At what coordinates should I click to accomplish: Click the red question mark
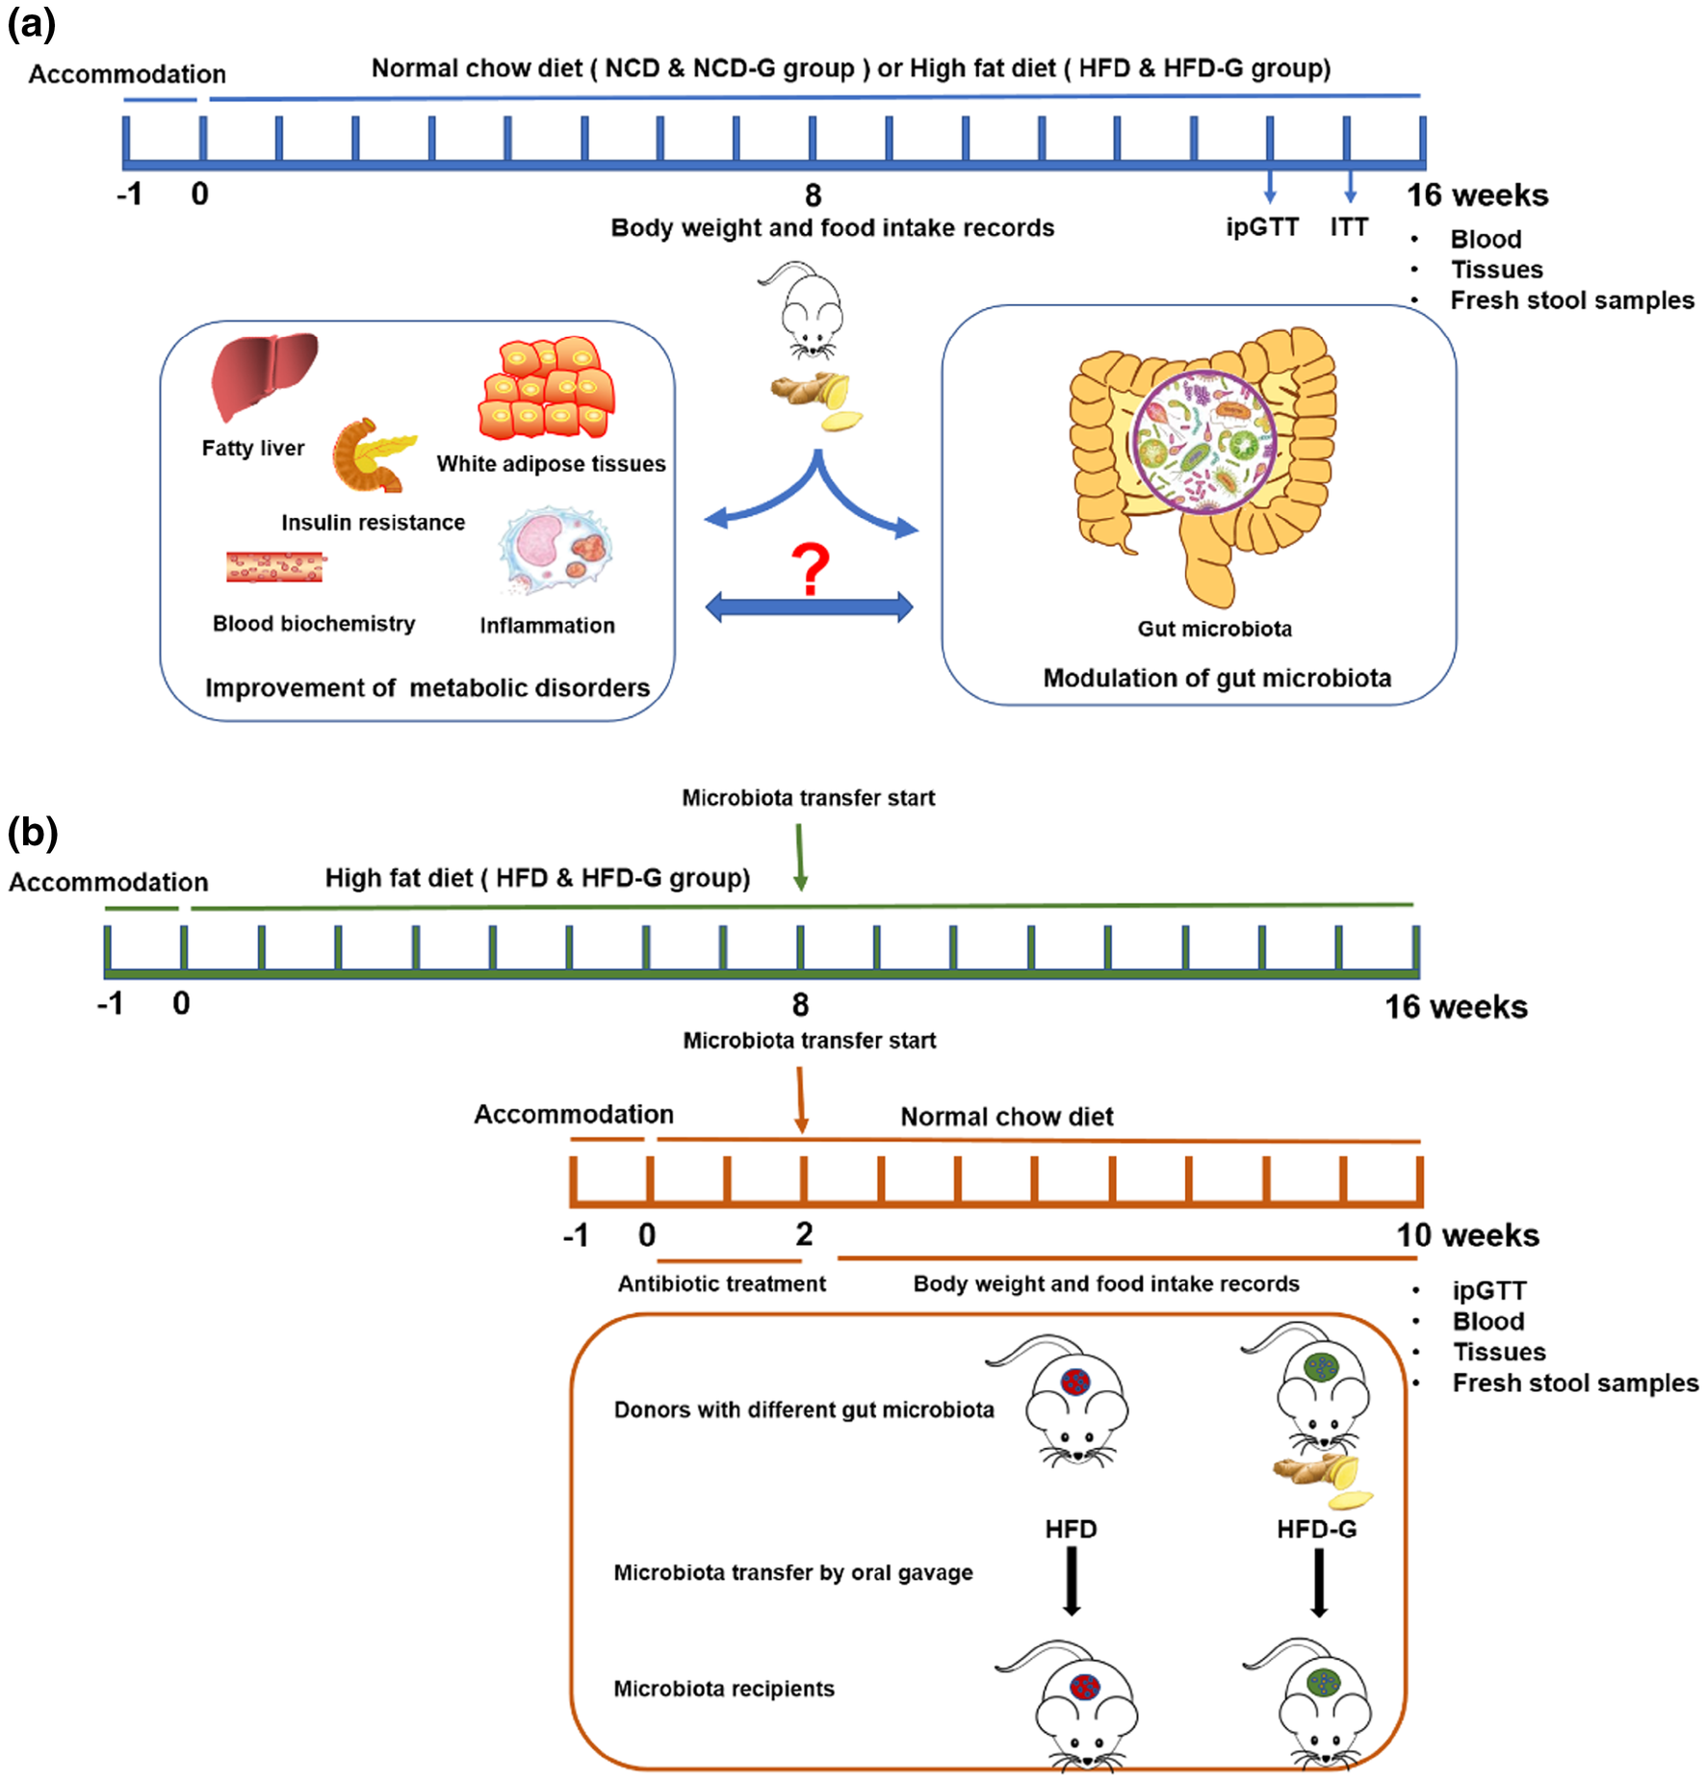coord(811,568)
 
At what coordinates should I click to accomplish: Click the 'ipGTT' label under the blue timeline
coord(1261,227)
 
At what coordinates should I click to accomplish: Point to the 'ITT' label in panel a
coord(1349,227)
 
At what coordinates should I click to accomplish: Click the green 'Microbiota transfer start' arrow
coord(800,856)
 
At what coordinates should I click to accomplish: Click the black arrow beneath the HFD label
coord(1071,1584)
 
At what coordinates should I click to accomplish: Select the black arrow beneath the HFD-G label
coord(1319,1584)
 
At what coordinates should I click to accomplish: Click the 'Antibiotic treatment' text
coord(721,1283)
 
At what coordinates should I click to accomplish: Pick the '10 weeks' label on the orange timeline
coord(1467,1235)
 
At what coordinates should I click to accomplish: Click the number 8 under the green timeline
coord(800,1005)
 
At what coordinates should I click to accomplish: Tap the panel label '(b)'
coord(33,832)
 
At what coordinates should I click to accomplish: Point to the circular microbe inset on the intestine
coord(1204,442)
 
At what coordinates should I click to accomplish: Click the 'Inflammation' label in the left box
coord(547,626)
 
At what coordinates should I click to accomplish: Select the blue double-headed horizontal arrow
coord(809,607)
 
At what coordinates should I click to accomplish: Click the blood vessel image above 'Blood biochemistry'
coord(275,567)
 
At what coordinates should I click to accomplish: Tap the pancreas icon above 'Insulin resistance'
coord(372,454)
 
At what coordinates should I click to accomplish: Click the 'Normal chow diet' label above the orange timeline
coord(1006,1117)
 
